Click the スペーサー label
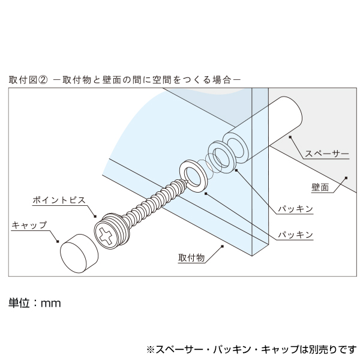click(326, 154)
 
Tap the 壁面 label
click(322, 187)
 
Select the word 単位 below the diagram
click(19, 303)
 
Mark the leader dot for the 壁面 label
click(347, 178)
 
